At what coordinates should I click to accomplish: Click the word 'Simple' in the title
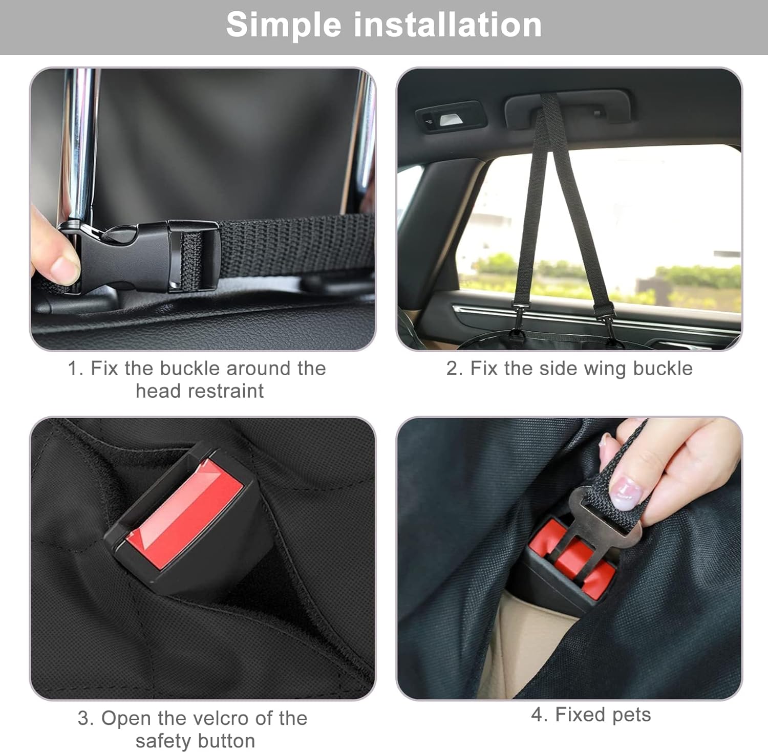point(283,25)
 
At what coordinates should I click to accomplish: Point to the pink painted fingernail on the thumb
point(627,492)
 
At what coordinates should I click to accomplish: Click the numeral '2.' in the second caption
point(454,369)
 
